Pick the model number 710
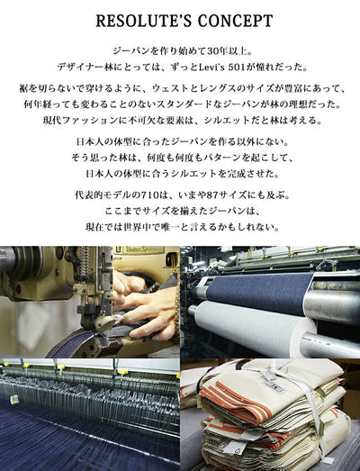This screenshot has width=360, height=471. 150,195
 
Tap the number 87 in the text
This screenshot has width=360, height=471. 213,195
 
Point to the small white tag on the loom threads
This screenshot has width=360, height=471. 13,400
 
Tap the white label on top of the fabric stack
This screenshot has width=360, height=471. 273,385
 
